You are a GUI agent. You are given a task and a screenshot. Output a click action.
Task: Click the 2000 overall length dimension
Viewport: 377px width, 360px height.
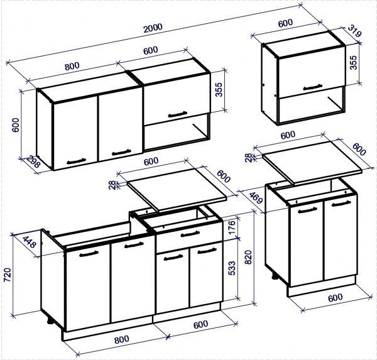[x=153, y=28]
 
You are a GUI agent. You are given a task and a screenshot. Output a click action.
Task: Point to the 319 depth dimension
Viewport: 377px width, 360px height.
[x=354, y=31]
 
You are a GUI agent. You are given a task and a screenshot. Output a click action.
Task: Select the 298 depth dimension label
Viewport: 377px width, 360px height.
[x=33, y=161]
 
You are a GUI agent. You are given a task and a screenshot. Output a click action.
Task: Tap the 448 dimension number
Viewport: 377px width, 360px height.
[x=30, y=242]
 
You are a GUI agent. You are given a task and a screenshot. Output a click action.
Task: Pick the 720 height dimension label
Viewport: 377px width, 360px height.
[x=8, y=275]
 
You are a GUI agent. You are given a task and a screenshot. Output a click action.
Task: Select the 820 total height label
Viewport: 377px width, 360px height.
[x=248, y=258]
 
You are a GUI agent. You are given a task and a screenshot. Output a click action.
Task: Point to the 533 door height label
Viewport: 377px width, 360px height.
[x=232, y=268]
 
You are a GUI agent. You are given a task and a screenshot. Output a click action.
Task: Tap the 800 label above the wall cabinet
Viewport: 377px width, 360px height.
[x=72, y=66]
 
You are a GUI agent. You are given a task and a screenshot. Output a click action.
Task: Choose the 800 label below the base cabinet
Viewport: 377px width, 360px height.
[x=122, y=339]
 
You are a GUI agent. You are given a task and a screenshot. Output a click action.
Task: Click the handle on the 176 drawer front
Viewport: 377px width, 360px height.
[x=190, y=234]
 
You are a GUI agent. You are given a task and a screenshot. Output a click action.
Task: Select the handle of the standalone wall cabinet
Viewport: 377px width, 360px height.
[x=312, y=87]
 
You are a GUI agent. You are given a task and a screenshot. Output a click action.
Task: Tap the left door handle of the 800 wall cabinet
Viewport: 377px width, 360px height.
[x=76, y=161]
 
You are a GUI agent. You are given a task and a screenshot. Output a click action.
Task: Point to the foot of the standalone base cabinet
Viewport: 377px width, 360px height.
[x=275, y=276]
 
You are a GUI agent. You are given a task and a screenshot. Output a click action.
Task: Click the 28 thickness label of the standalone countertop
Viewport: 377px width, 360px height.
[x=249, y=158]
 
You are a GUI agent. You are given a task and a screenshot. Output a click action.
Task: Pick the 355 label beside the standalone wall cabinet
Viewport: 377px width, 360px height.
[x=353, y=63]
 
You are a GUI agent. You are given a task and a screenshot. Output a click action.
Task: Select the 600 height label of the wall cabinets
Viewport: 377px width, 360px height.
[x=16, y=125]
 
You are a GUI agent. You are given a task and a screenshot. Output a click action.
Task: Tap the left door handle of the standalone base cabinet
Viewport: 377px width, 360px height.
[x=307, y=210]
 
